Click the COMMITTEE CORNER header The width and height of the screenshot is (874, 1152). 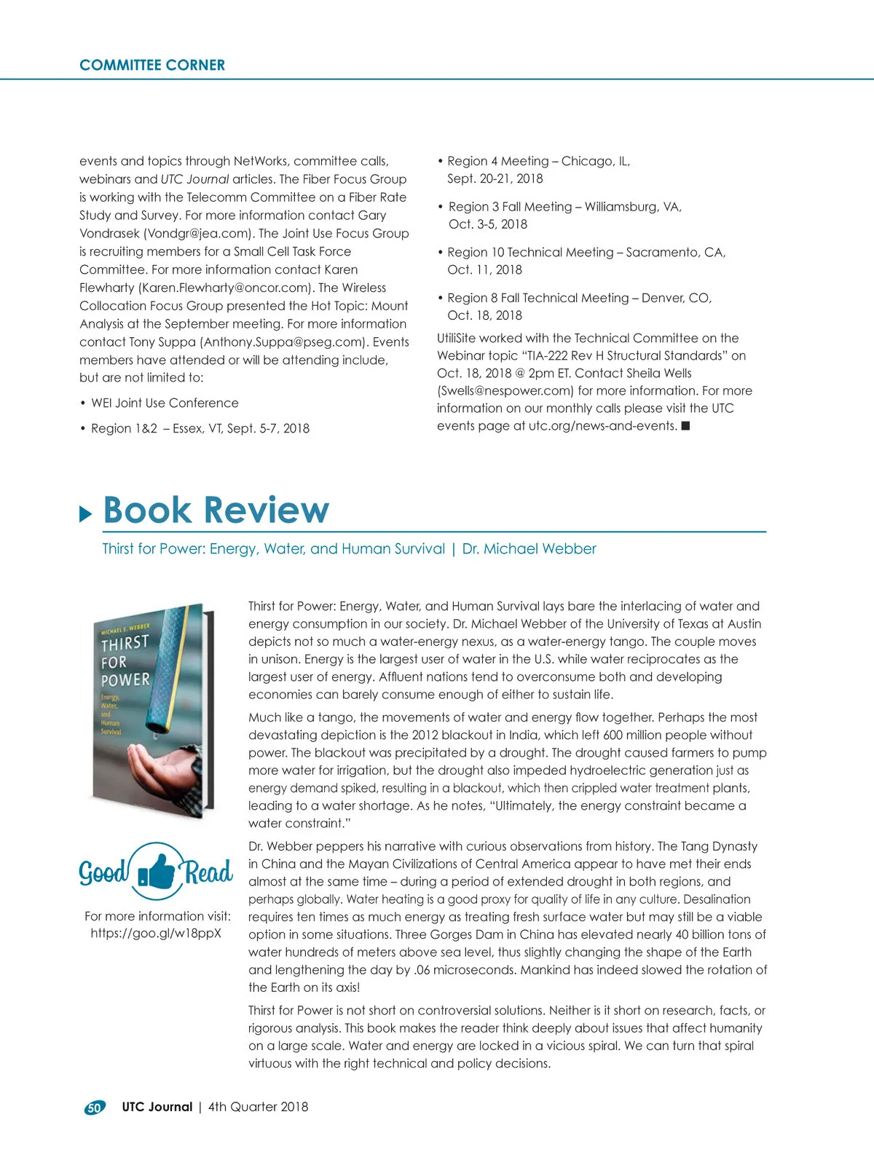(x=152, y=65)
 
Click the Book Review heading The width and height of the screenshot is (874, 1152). (x=216, y=510)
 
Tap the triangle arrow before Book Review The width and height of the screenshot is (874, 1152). (x=86, y=514)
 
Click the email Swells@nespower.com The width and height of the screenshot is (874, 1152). (x=505, y=390)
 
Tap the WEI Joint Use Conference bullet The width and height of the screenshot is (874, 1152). (x=165, y=403)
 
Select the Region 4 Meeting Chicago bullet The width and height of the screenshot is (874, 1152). (x=538, y=161)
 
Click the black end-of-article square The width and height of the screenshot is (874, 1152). (x=685, y=426)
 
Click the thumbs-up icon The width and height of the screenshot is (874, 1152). (x=157, y=870)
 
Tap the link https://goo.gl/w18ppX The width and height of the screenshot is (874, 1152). (x=156, y=933)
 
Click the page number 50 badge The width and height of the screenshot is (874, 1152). (x=95, y=1108)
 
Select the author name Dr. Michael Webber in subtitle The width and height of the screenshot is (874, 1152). (x=529, y=548)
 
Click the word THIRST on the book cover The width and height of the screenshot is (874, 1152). (x=125, y=643)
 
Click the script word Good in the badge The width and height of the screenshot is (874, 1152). (x=103, y=872)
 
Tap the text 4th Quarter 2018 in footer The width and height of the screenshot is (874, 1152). (x=258, y=1107)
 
